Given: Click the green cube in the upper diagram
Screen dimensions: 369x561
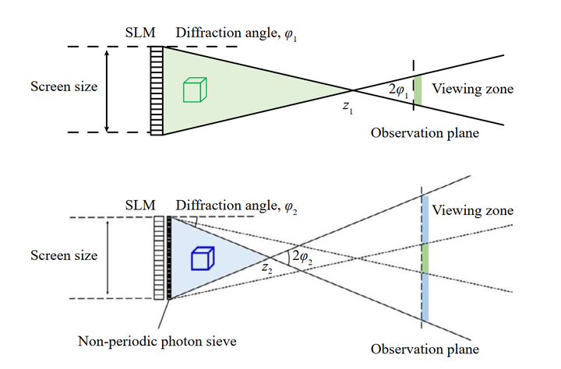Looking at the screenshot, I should [x=193, y=90].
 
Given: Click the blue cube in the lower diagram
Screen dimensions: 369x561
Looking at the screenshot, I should [x=203, y=258].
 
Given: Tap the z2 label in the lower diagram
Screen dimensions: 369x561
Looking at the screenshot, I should [x=267, y=269].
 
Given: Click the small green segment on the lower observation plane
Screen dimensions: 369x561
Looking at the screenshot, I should [x=425, y=258].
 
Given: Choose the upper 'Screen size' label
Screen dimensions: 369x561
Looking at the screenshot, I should [x=64, y=86].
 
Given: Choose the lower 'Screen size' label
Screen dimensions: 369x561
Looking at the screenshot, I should [x=63, y=255].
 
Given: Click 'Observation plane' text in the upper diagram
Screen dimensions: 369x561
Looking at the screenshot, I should [x=425, y=133].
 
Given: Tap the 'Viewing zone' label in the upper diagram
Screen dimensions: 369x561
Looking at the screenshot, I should [x=473, y=89].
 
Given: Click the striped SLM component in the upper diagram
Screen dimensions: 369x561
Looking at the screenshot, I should [x=157, y=90].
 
